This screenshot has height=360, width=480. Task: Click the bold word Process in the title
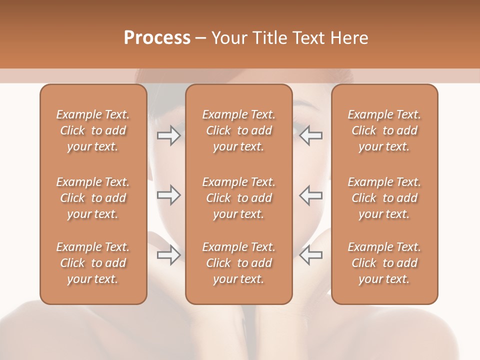(157, 38)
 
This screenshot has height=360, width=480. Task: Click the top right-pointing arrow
(168, 135)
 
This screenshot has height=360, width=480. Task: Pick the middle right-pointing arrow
(168, 195)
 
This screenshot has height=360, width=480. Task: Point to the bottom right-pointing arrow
(168, 255)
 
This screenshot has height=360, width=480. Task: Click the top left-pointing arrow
(311, 135)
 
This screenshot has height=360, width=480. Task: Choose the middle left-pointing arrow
(311, 195)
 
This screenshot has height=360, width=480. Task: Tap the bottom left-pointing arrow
(311, 255)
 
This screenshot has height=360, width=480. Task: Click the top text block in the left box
(93, 130)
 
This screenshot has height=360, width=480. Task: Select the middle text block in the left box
(93, 198)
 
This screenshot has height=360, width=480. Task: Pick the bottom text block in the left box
(93, 263)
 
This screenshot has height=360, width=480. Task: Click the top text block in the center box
(239, 130)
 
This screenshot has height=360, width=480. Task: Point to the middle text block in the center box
(239, 198)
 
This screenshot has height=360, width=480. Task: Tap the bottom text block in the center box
(239, 263)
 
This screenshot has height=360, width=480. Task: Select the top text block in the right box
(384, 130)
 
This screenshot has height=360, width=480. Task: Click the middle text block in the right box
(384, 198)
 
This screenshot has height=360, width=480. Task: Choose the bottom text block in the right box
(384, 263)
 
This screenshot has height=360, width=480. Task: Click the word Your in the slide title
(228, 38)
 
